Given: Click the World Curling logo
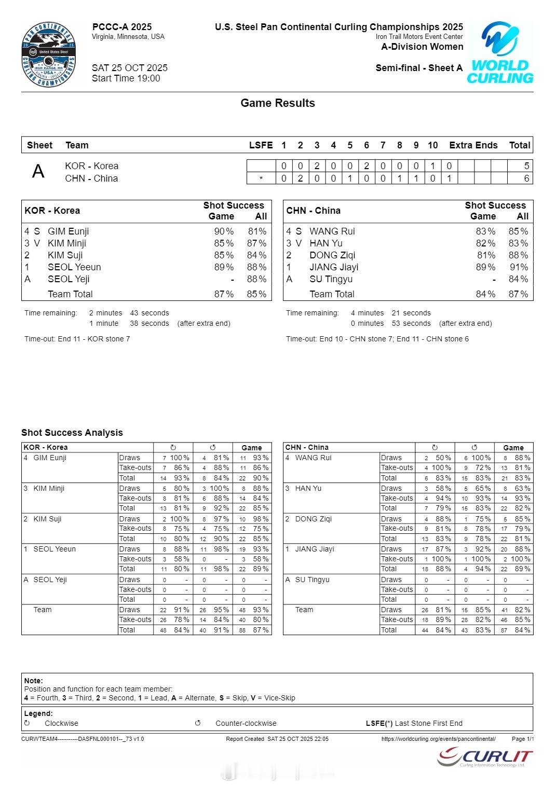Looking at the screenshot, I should tap(500, 52).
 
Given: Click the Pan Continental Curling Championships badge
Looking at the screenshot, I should tap(49, 55).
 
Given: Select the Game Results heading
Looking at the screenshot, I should tap(278, 103).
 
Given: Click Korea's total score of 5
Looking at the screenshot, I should tap(526, 166).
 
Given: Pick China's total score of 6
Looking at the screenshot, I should tap(526, 178).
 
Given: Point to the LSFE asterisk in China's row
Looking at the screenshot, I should tap(261, 179).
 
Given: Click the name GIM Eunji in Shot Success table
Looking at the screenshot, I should tap(68, 231).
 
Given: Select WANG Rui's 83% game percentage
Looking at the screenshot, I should tap(485, 231).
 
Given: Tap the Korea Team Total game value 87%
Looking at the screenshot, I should tap(224, 294).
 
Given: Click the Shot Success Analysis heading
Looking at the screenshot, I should tap(72, 433).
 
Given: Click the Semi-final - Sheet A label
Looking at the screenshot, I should tap(419, 68).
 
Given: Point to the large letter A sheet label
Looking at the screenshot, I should tap(38, 171).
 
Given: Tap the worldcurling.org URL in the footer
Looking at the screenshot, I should tap(438, 739).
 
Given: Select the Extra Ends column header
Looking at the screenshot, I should tap(473, 145).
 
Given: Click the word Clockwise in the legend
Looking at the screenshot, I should tap(61, 723).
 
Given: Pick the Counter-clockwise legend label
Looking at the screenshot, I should tap(246, 723).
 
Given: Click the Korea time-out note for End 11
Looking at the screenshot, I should tap(77, 339).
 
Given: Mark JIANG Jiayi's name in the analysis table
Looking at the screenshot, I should tap(315, 549).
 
